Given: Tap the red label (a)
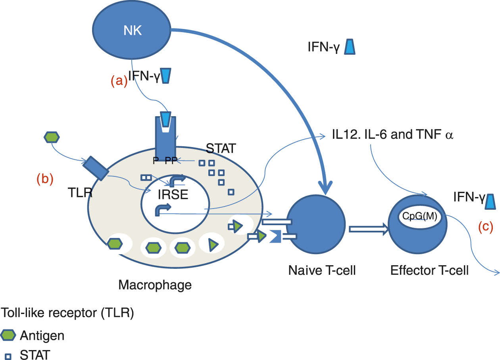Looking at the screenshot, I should (119, 81).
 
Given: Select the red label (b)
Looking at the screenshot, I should (44, 179).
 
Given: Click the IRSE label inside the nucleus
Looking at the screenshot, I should (173, 195).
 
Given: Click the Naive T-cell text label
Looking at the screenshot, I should (321, 271).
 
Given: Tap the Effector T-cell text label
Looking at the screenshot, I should (429, 271).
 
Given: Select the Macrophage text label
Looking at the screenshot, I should (155, 285).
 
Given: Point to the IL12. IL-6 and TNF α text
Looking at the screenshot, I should (392, 135).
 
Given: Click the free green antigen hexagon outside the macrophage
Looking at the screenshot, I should (51, 138).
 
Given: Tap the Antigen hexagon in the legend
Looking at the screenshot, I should (8, 335).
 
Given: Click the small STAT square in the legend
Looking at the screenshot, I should (8, 356).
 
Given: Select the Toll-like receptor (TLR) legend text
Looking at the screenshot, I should (67, 313).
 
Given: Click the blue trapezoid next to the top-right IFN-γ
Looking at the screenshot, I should (350, 46).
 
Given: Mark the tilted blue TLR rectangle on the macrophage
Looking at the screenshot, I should (95, 168).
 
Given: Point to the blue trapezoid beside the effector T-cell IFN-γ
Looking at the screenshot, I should (490, 201).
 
